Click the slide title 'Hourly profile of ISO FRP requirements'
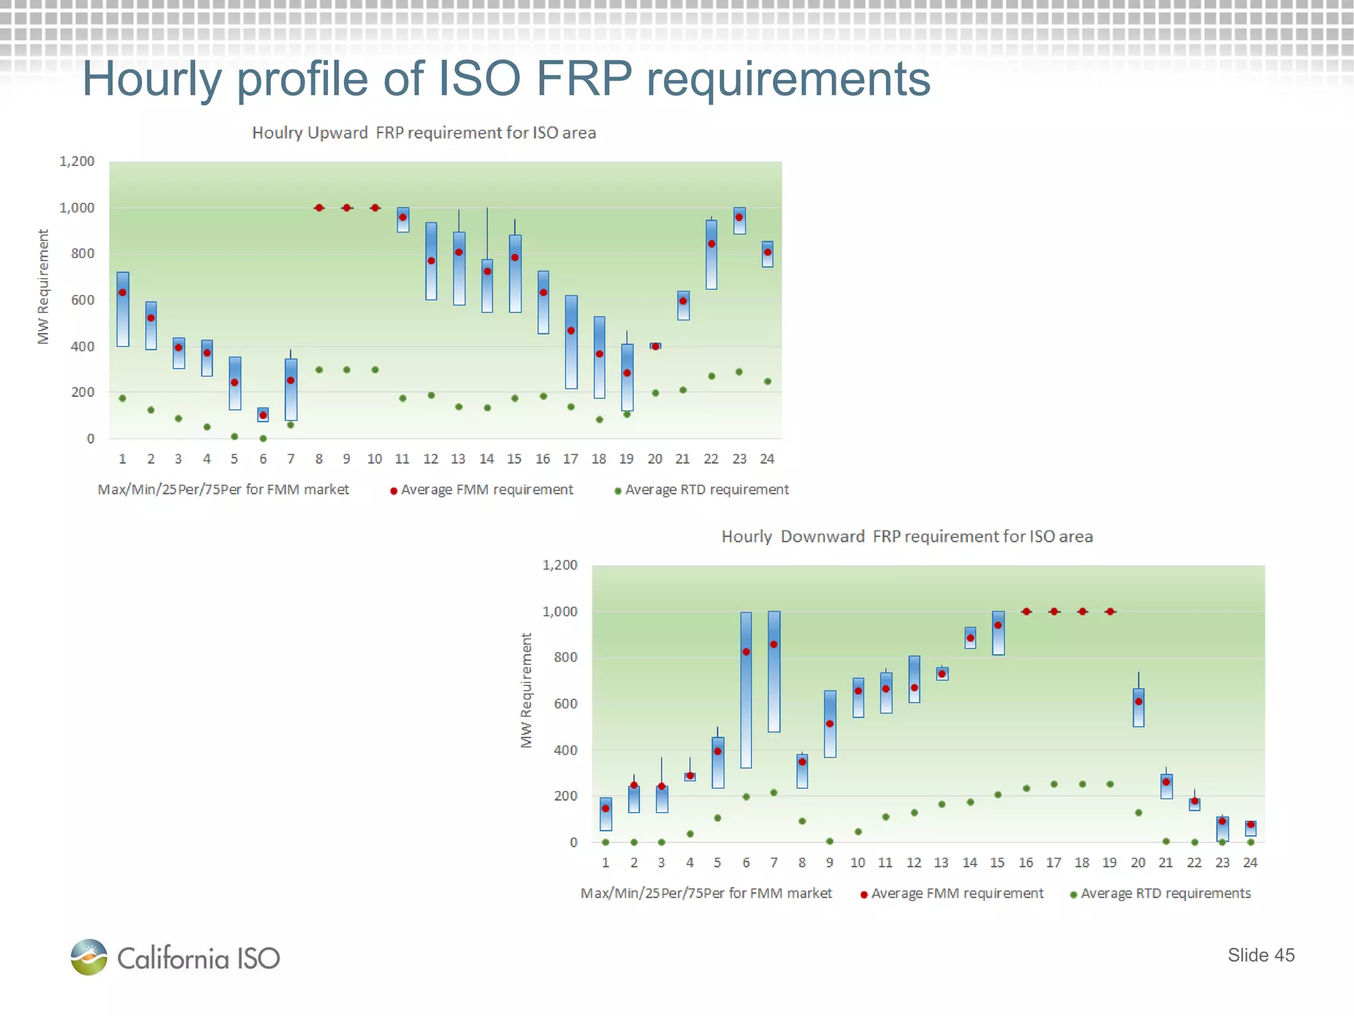(x=506, y=79)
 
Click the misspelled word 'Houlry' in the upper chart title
(x=276, y=133)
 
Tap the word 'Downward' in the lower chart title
(x=822, y=536)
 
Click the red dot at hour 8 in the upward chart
(x=319, y=208)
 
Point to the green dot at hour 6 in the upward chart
(x=263, y=439)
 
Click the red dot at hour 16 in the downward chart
(x=1026, y=612)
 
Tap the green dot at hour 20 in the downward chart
(x=1138, y=813)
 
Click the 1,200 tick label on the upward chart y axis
(x=77, y=161)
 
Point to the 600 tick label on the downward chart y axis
(x=565, y=704)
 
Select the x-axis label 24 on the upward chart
(x=767, y=459)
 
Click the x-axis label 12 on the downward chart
(x=914, y=863)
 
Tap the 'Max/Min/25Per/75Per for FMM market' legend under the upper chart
(x=223, y=490)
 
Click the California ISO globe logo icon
(x=89, y=956)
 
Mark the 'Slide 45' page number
(x=1261, y=955)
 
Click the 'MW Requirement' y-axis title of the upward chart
(x=43, y=286)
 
